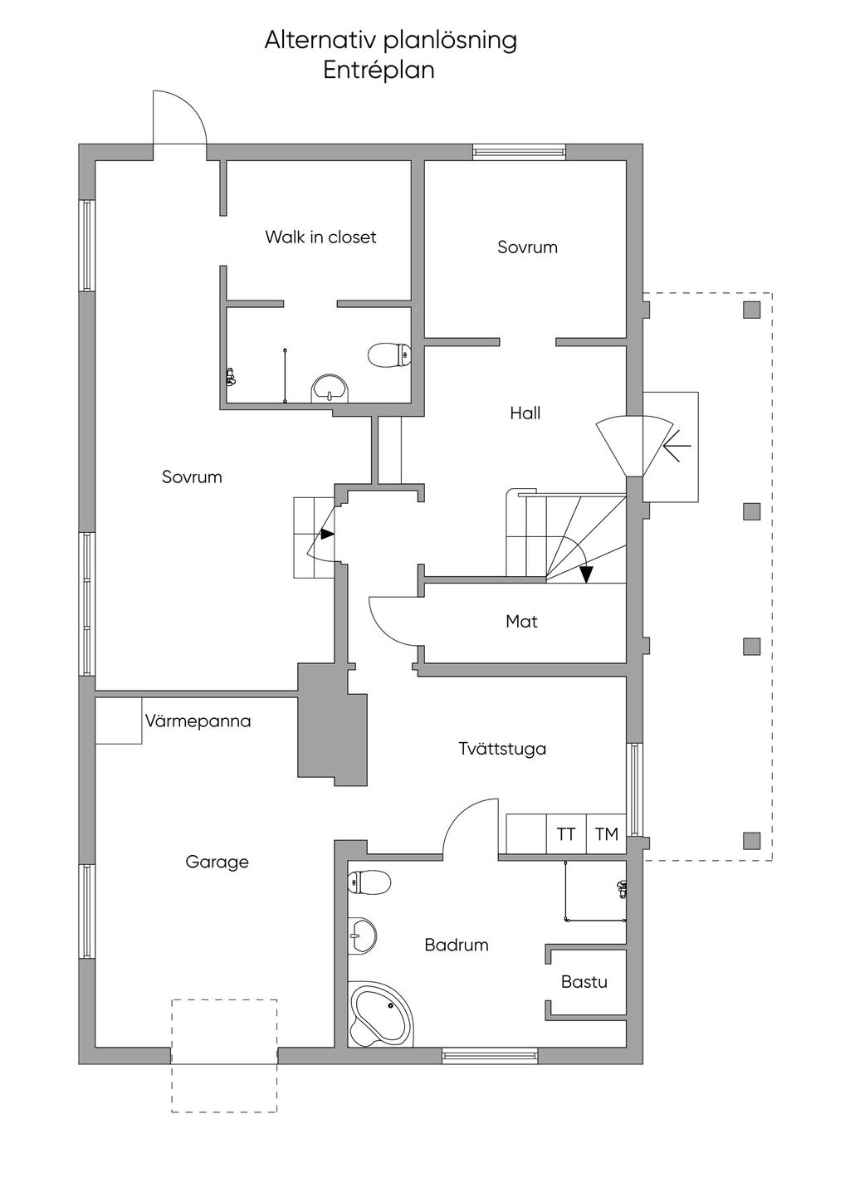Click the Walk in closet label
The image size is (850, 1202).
(320, 237)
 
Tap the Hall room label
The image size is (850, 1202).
(525, 413)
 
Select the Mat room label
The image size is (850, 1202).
(521, 622)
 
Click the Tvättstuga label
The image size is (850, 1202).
(502, 749)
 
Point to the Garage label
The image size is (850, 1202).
(217, 862)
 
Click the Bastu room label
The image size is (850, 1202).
(584, 983)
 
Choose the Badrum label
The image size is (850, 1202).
(456, 945)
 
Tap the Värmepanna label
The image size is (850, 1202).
(198, 721)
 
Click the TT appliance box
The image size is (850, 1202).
(566, 834)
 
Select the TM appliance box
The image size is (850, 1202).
(607, 834)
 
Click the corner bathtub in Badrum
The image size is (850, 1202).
(381, 1014)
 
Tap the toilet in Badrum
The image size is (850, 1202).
(369, 882)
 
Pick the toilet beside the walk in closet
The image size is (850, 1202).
(389, 354)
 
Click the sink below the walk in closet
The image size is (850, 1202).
(330, 388)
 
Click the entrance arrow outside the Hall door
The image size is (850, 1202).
(677, 446)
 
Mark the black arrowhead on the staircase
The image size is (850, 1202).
(587, 574)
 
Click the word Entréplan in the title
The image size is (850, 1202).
(379, 71)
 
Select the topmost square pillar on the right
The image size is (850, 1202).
(752, 310)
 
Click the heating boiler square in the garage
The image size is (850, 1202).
(119, 721)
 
